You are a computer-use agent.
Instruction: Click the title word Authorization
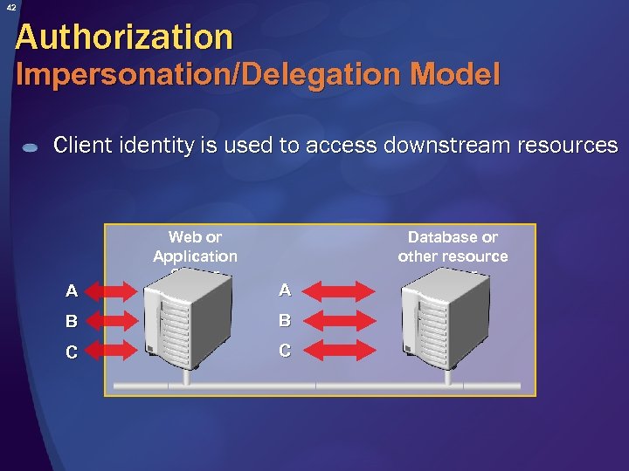(124, 37)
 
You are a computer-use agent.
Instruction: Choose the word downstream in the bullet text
(433, 145)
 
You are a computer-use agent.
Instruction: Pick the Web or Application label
(195, 247)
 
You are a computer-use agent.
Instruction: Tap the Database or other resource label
(453, 247)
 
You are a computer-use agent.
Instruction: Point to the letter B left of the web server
(71, 321)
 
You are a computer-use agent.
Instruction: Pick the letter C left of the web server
(71, 352)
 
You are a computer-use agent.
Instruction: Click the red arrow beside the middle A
(342, 290)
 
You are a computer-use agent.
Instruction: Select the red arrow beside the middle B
(342, 320)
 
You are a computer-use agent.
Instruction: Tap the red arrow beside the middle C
(342, 351)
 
